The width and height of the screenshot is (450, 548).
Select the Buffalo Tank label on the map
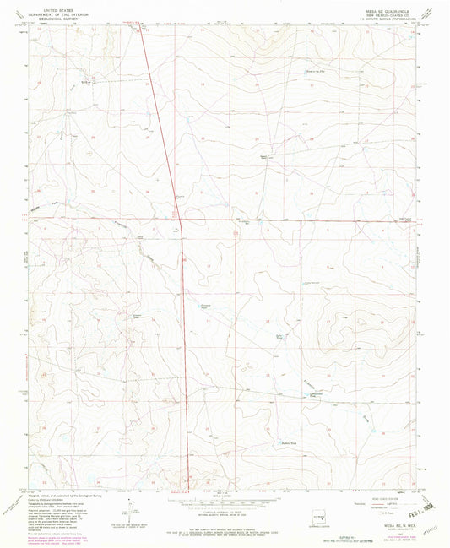pyautogui.click(x=290, y=442)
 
